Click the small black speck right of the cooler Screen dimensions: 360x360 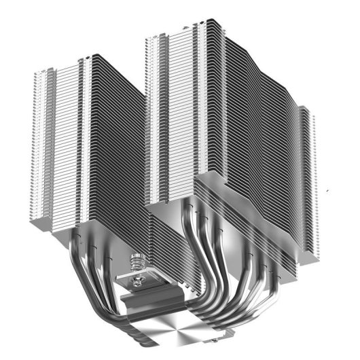point(329,192)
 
